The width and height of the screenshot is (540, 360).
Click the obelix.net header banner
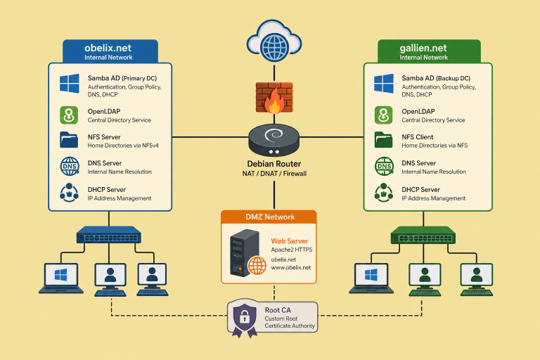point(108,51)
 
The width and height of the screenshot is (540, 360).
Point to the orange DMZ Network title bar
point(269,217)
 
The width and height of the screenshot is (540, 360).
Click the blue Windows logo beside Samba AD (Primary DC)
point(70,84)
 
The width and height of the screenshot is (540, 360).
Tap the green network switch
point(423,234)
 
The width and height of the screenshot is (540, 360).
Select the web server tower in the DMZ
point(238,253)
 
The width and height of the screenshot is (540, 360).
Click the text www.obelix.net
point(290,268)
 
